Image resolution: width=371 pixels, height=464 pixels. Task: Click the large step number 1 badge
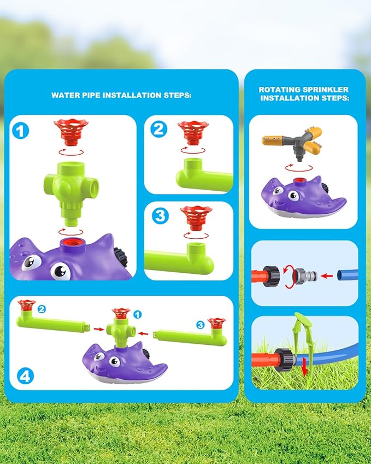21,131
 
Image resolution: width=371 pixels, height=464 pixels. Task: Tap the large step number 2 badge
159,129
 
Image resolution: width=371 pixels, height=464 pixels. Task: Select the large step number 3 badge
160,216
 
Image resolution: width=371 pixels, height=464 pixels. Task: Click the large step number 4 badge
25,376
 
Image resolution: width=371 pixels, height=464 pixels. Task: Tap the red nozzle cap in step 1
71,132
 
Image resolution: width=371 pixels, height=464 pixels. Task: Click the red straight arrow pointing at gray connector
327,276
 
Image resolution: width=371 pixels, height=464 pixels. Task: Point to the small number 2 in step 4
42,309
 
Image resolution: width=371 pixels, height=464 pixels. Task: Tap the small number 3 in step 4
201,325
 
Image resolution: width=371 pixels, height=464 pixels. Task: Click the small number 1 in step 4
137,315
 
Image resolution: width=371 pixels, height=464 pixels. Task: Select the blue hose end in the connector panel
348,275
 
